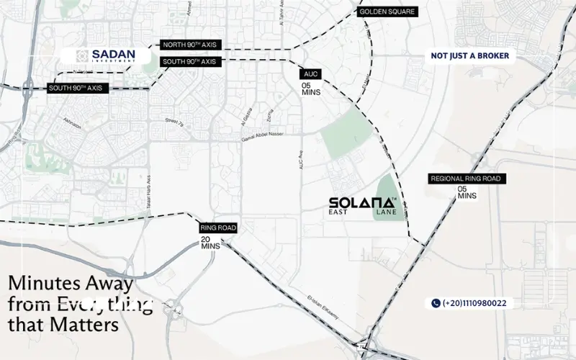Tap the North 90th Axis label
pyautogui.click(x=189, y=45)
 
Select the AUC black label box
pyautogui.click(x=311, y=73)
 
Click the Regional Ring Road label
pyautogui.click(x=464, y=179)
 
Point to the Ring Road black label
pyautogui.click(x=218, y=228)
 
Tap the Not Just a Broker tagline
pyautogui.click(x=469, y=55)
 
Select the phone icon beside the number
pyautogui.click(x=436, y=303)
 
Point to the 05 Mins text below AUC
pyautogui.click(x=311, y=89)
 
